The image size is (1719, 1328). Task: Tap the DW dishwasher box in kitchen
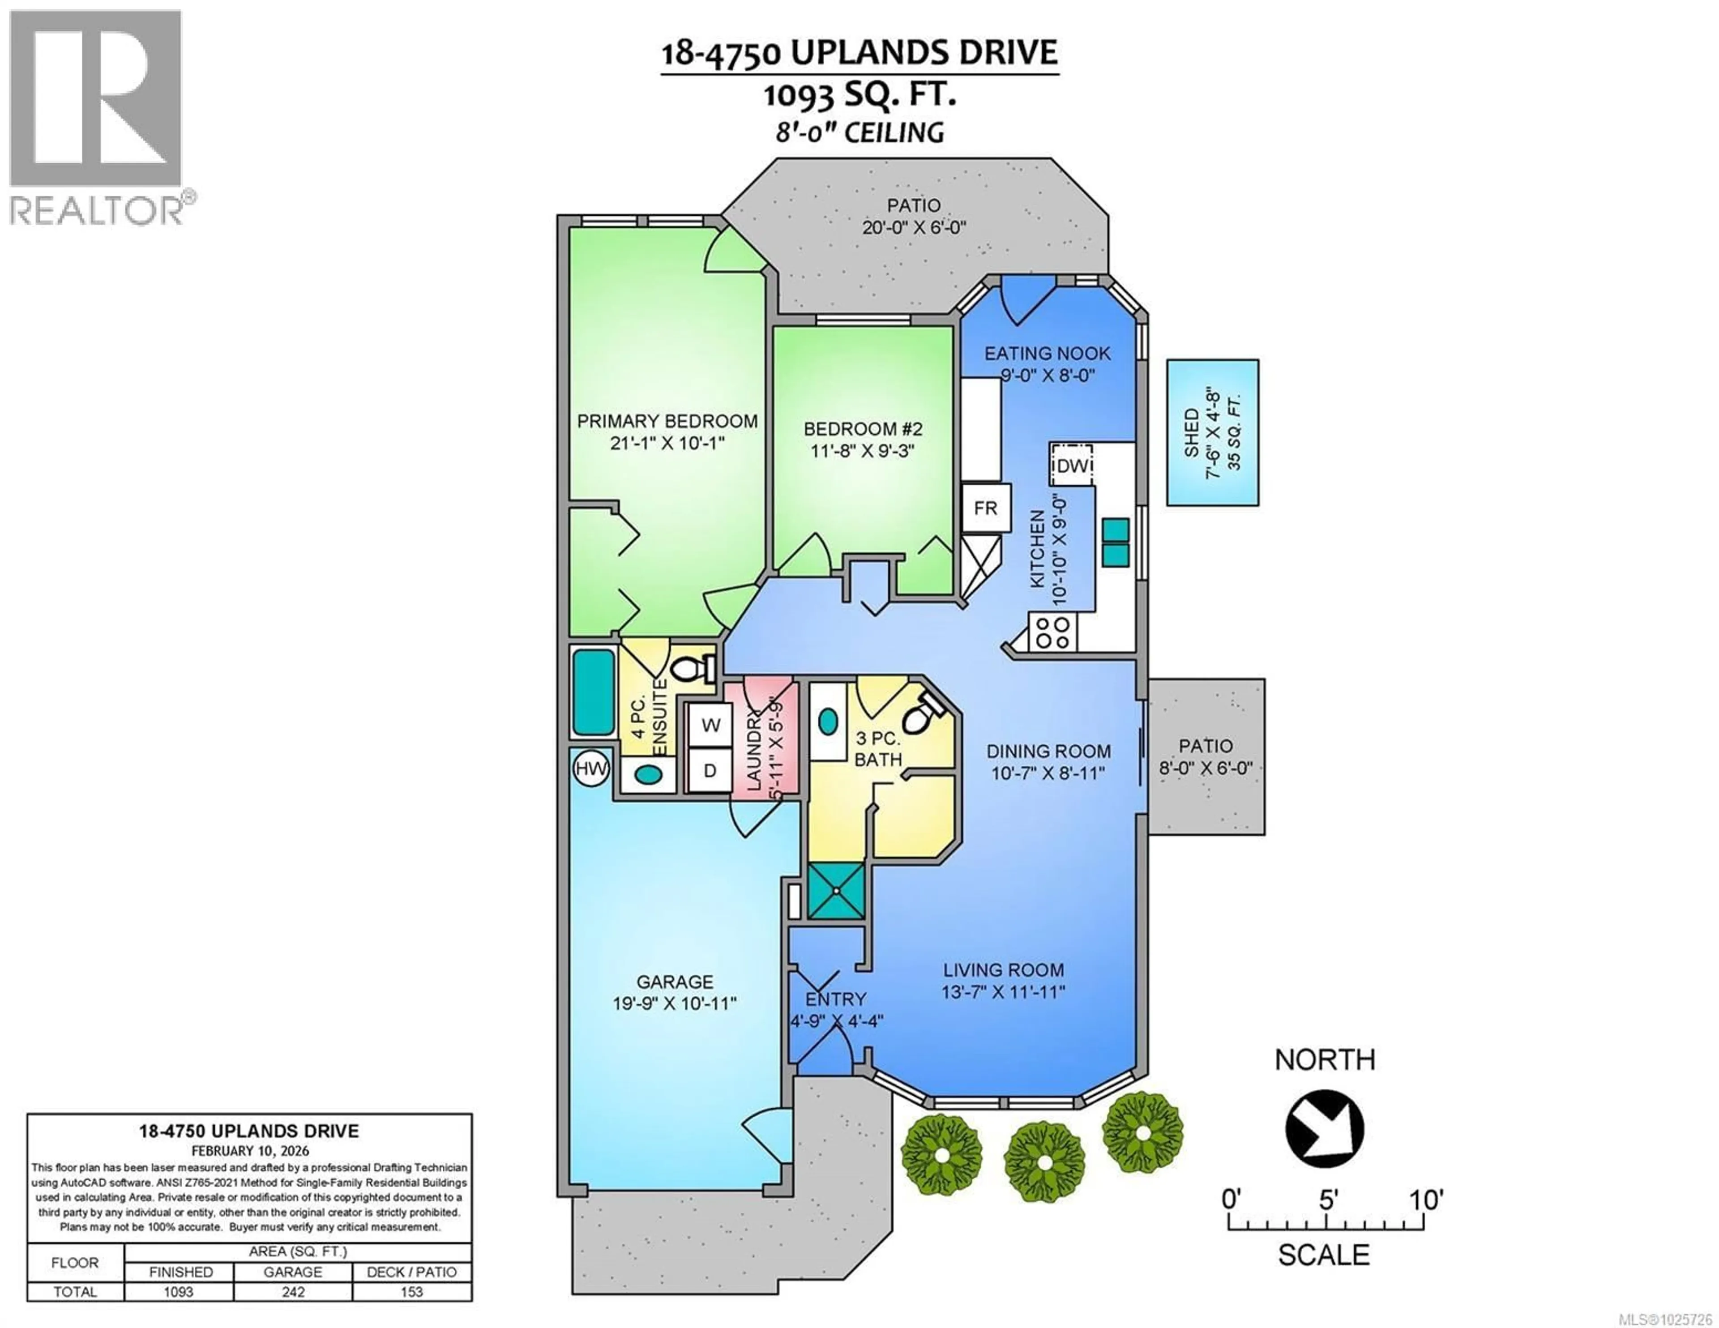tap(1072, 466)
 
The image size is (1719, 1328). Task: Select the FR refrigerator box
tap(985, 508)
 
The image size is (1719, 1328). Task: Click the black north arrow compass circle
tap(1325, 1128)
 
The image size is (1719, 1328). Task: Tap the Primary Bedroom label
tap(667, 421)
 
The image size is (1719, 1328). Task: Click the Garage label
tap(675, 982)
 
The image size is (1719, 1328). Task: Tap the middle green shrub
tap(1044, 1162)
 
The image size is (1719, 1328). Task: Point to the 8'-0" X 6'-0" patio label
tap(1205, 768)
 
